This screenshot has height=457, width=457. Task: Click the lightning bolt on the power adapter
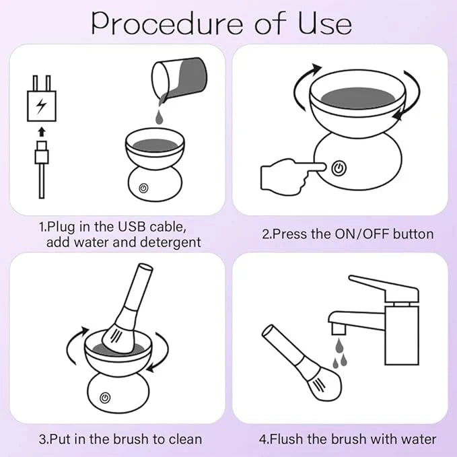click(x=41, y=106)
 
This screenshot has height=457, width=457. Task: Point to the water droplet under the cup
click(x=158, y=116)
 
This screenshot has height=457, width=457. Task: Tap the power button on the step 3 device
click(x=105, y=398)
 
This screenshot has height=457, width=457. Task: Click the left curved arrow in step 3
click(x=73, y=345)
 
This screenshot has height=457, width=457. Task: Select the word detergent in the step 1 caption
click(x=170, y=242)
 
